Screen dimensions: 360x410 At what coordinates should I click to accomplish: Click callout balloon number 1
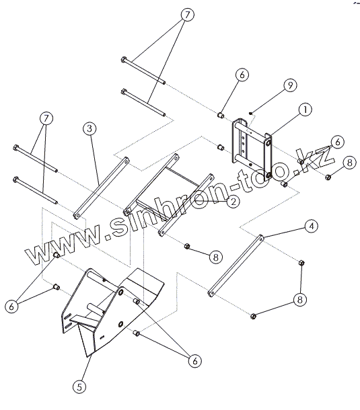[x=305, y=110]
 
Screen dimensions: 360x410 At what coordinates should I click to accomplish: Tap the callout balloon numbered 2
[x=233, y=202]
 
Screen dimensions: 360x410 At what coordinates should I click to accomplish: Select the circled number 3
[x=89, y=128]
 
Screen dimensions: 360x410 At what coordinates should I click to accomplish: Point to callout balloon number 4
[x=312, y=226]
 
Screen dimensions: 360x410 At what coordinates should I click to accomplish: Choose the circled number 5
[x=79, y=386]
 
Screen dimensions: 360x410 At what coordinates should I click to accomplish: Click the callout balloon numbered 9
[x=290, y=85]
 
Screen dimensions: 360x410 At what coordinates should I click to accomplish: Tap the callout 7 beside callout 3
[x=46, y=118]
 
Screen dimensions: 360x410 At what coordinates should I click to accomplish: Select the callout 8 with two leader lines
[x=300, y=300]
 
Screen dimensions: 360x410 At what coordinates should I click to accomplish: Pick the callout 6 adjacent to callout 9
[x=242, y=75]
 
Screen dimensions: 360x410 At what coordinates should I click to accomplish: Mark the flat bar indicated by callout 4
[x=236, y=265]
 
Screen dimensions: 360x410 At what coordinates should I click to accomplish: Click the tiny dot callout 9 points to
[x=250, y=113]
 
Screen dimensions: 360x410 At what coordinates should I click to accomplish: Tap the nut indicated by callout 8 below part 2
[x=187, y=246]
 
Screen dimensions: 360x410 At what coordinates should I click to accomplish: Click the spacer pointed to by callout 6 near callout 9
[x=221, y=115]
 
